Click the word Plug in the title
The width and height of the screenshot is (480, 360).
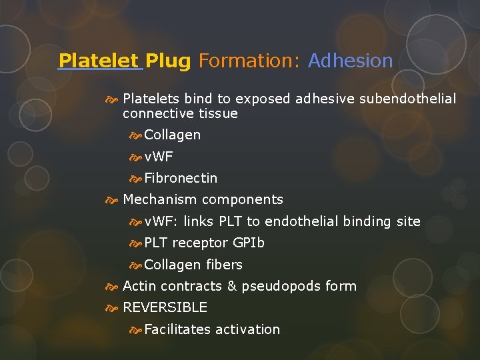168,61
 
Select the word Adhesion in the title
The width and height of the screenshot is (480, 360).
351,61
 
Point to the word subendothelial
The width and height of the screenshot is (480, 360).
407,99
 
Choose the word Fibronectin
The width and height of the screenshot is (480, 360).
181,178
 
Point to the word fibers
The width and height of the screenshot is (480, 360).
224,265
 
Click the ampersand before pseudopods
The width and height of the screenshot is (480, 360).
232,286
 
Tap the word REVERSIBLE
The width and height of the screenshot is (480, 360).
165,307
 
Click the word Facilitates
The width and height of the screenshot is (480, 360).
177,329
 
